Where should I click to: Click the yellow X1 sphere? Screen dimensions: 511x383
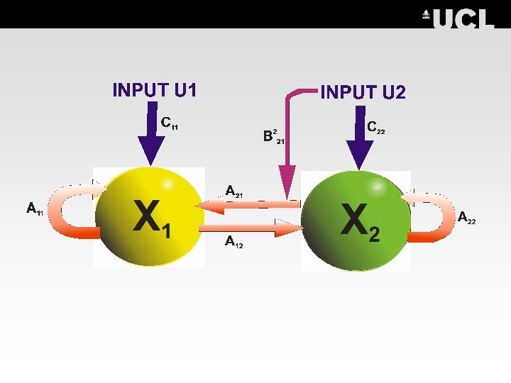coord(149,216)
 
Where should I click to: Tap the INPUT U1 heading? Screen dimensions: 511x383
coord(155,90)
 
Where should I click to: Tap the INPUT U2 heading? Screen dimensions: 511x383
coord(363,92)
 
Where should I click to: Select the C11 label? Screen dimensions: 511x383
coord(169,123)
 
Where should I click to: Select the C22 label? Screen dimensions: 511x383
coord(375,128)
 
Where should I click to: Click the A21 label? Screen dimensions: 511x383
coord(233,191)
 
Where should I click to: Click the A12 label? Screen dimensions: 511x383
coord(233,243)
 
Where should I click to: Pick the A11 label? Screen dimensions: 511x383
coord(35,209)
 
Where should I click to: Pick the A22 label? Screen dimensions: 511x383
coord(466,217)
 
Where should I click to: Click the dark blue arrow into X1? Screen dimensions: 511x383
coord(150,138)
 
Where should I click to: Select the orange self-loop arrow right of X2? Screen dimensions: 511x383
coord(429,216)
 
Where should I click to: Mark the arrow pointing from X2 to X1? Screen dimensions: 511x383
coord(248,205)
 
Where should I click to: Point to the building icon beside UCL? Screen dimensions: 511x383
coord(426,15)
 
